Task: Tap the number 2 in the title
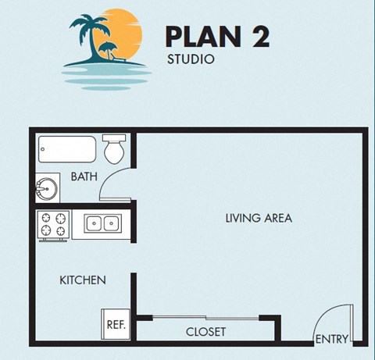point(259,35)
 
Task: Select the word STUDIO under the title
point(191,59)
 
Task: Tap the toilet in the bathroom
point(115,148)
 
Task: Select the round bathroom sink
point(45,189)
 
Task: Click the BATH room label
point(84,177)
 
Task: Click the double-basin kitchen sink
point(102,225)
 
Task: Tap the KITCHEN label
point(83,280)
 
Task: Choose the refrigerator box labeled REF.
point(116,324)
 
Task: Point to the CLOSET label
point(206,332)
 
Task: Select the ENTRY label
point(331,339)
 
